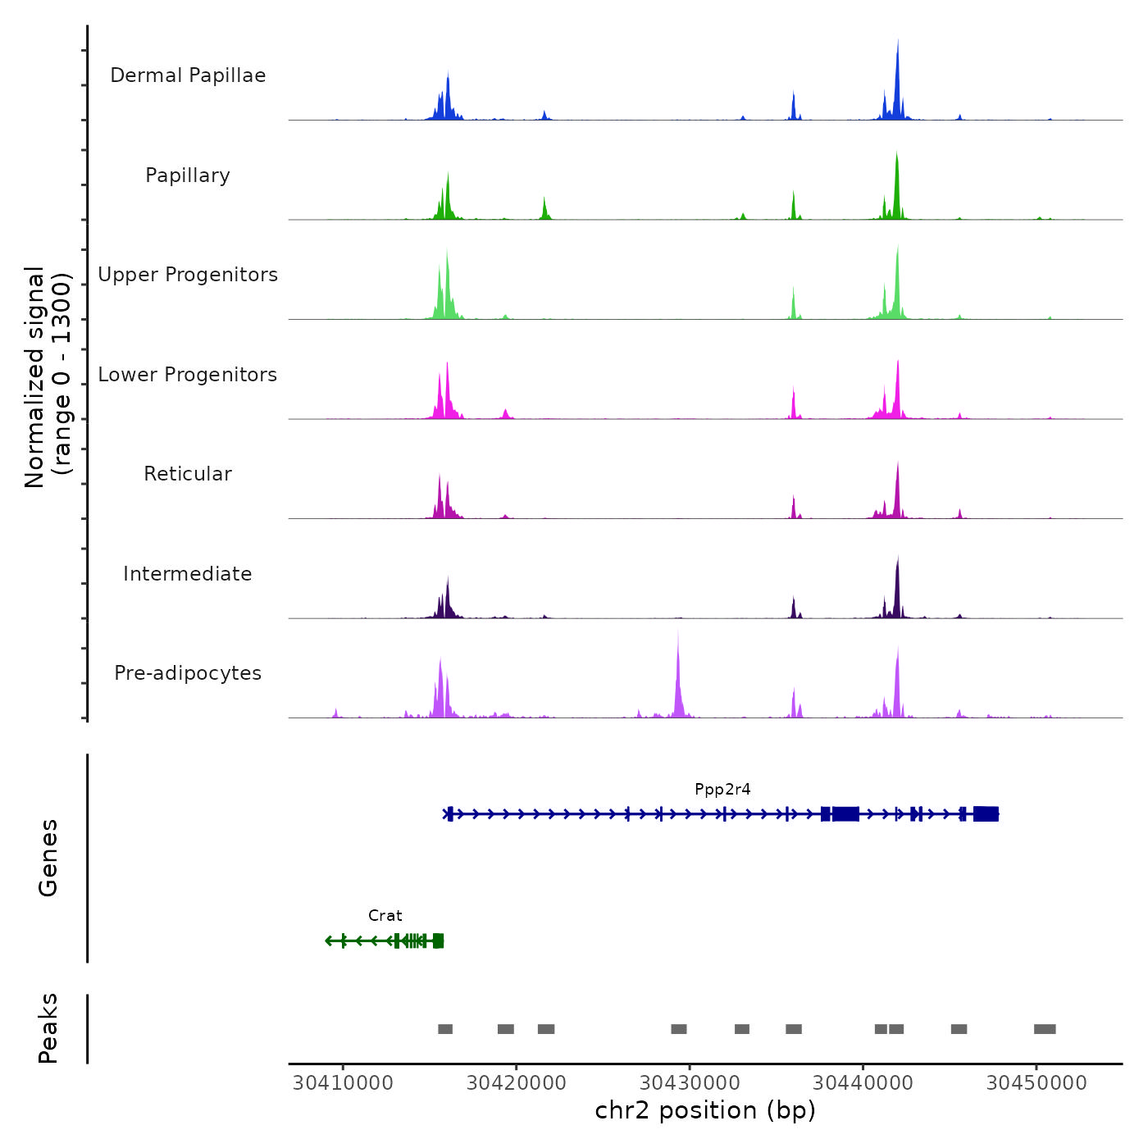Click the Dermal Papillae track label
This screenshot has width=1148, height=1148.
click(x=188, y=75)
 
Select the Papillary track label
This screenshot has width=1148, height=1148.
click(x=188, y=175)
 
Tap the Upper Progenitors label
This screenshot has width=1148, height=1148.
click(x=188, y=275)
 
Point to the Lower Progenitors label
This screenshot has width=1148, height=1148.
click(x=188, y=375)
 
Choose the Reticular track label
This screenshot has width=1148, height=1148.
click(x=188, y=474)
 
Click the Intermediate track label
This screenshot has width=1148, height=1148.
click(x=188, y=574)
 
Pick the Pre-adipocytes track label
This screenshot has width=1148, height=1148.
click(x=188, y=673)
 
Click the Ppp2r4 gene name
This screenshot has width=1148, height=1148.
click(x=722, y=790)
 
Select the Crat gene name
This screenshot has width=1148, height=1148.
click(x=385, y=916)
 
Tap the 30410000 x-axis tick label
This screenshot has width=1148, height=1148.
click(x=343, y=1083)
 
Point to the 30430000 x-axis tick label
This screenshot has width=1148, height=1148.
click(x=690, y=1083)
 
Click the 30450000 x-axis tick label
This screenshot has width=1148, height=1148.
click(x=1036, y=1083)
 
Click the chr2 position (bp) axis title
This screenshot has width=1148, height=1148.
click(x=705, y=1111)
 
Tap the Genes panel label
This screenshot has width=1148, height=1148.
click(x=48, y=858)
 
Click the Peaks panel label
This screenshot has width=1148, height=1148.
click(x=48, y=1028)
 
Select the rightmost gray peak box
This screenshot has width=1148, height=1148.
click(x=1045, y=1029)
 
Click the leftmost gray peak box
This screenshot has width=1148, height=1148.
click(x=445, y=1029)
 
